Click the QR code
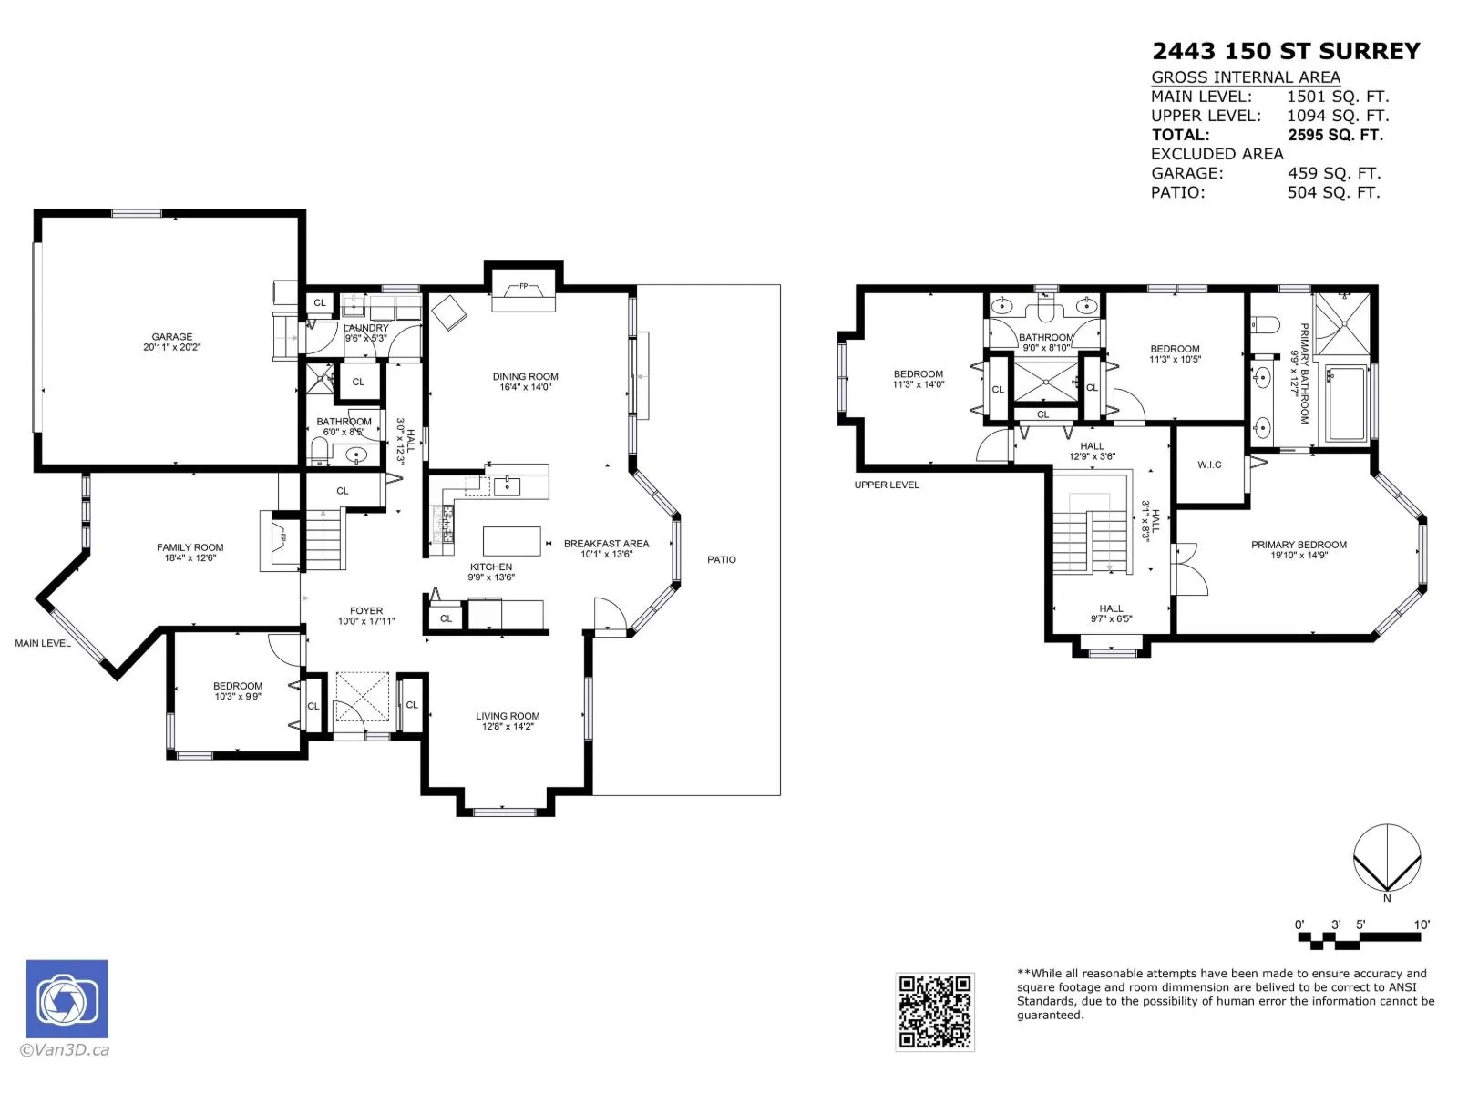[935, 1012]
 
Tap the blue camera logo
[67, 998]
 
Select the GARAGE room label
[172, 336]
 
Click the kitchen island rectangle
[511, 541]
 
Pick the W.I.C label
[1209, 465]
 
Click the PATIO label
[722, 559]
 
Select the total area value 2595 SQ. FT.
[1335, 135]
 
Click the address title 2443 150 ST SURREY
[1286, 51]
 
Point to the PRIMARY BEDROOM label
[1299, 544]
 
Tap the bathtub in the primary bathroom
[1347, 403]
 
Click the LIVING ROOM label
[508, 715]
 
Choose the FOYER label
[366, 610]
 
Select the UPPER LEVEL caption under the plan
[887, 485]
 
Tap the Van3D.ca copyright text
[65, 1049]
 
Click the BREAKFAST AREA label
[606, 543]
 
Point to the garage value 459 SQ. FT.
[1334, 173]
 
